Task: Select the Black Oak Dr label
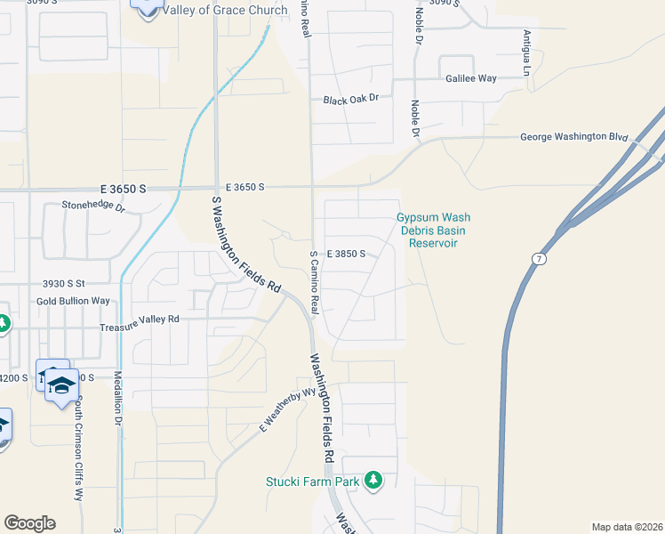click(351, 100)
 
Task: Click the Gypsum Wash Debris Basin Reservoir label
click(433, 230)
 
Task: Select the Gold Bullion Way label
click(73, 302)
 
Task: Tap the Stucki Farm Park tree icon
click(373, 481)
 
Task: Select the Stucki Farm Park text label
click(313, 481)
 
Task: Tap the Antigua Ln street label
click(527, 52)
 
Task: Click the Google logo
click(29, 523)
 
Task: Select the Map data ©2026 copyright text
click(627, 527)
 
